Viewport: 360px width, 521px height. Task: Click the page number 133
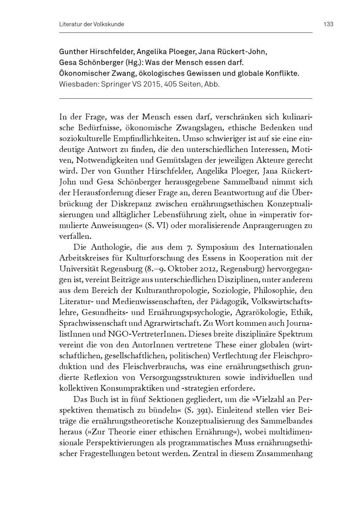(328, 24)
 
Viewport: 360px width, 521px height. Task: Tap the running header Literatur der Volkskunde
(91, 24)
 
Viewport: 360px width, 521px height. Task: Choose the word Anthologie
(108, 248)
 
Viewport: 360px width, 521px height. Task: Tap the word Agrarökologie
(265, 312)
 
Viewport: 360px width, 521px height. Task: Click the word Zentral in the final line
(204, 454)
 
